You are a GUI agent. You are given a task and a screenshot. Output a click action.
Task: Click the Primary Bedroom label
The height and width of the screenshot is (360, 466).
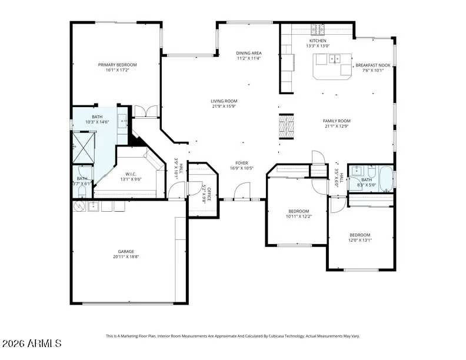point(118,65)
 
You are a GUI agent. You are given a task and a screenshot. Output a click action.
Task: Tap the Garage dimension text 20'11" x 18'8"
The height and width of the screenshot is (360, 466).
point(126,256)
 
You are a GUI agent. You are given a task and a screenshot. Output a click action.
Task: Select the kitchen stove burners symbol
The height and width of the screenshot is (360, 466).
point(318,29)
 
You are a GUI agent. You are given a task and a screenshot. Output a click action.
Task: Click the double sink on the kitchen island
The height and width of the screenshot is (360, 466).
point(335,59)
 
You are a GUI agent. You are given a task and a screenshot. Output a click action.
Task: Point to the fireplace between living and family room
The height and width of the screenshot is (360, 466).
point(286,126)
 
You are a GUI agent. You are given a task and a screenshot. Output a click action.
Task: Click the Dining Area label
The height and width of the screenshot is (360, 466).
point(249,53)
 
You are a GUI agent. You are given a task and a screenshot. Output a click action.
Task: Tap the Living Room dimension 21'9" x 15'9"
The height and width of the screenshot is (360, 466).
point(224,106)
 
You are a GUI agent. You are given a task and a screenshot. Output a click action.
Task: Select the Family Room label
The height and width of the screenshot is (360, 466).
point(337,121)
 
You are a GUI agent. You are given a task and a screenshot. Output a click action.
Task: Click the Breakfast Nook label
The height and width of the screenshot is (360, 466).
point(373,65)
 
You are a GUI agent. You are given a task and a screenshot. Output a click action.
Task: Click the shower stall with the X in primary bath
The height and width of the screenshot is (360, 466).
point(84,148)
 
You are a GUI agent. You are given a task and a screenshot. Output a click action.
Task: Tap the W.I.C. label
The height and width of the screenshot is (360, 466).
point(131,174)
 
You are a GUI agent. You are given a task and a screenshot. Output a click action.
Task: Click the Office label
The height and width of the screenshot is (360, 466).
point(209,194)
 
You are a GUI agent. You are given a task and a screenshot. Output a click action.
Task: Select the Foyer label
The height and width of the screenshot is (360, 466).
point(242,163)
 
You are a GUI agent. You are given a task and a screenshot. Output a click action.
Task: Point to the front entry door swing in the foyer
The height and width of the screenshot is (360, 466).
point(242,191)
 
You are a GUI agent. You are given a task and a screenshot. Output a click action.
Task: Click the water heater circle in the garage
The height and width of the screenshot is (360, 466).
point(79,206)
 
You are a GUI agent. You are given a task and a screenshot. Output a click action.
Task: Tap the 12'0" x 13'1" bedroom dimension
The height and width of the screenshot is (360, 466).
point(360,240)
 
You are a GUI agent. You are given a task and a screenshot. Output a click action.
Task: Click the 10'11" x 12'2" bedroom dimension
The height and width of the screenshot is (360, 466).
point(299,216)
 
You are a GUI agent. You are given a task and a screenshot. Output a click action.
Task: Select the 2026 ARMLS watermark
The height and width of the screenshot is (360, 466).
point(32,344)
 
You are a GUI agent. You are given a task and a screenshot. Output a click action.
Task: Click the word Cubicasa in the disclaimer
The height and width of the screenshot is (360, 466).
point(277,336)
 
